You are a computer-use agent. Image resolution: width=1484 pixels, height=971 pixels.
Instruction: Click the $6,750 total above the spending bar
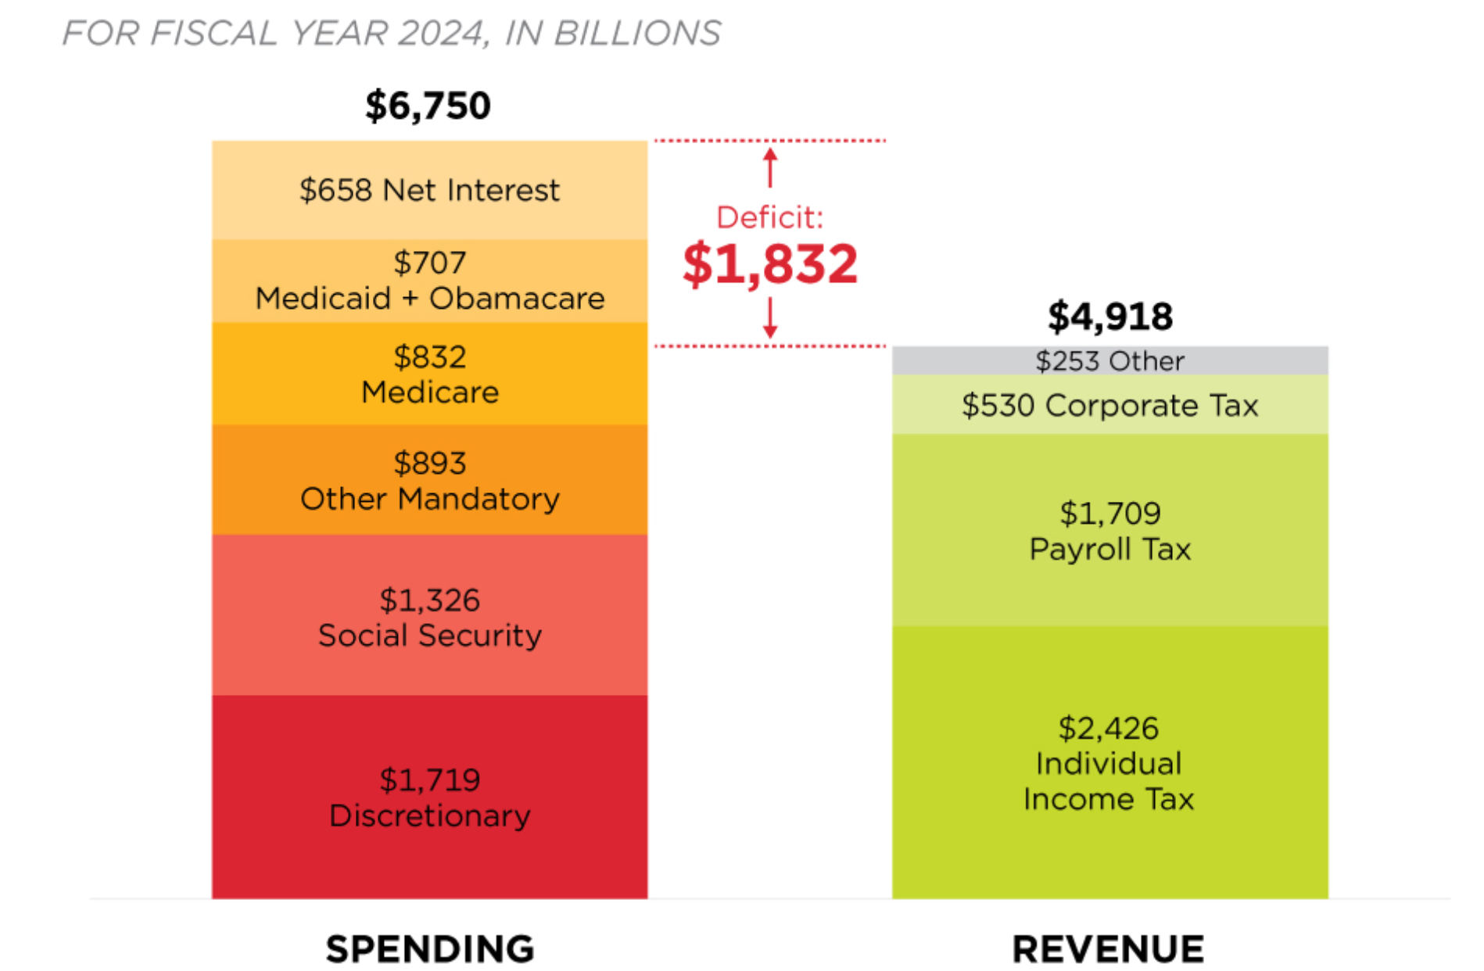[x=428, y=106]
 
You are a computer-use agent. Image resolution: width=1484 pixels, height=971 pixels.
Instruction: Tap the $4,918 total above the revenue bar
[x=1109, y=317]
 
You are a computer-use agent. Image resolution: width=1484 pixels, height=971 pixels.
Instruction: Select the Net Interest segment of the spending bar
[x=429, y=190]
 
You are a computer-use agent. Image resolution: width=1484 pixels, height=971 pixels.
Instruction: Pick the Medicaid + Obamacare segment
[x=429, y=281]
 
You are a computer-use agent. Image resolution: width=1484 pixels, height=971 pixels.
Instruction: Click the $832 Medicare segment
[x=429, y=374]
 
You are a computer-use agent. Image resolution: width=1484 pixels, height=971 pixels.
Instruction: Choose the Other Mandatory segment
[x=429, y=480]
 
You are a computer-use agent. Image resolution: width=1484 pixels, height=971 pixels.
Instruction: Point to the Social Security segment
[x=429, y=616]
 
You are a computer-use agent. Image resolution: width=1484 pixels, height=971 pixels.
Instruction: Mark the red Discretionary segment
[x=429, y=797]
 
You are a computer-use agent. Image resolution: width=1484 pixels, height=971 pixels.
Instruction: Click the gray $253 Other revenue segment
[x=1109, y=360]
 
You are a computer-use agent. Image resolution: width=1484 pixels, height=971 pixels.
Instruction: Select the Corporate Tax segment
[x=1109, y=405]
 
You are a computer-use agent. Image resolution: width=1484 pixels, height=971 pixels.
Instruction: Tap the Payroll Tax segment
[x=1109, y=530]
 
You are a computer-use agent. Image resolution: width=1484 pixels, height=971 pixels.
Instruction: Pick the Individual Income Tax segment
[x=1109, y=762]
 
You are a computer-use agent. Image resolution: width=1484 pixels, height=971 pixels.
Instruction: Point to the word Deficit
[x=769, y=217]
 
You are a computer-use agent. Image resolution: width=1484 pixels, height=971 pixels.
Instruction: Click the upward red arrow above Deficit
[x=770, y=167]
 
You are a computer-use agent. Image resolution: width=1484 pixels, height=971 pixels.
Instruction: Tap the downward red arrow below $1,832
[x=770, y=317]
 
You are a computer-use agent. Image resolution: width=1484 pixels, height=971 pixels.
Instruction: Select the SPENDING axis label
[x=430, y=949]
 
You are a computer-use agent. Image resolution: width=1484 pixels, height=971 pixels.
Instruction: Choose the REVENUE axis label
[x=1108, y=949]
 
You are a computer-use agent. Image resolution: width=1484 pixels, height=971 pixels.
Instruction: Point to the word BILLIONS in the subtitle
[x=637, y=34]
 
